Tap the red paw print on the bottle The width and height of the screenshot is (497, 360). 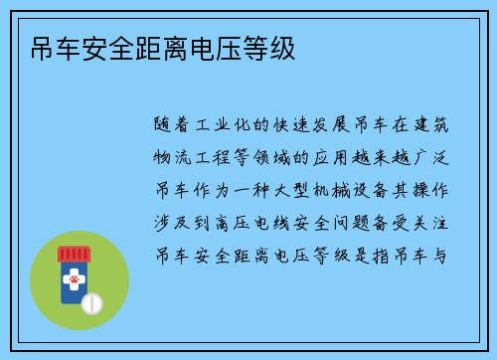[x=72, y=280]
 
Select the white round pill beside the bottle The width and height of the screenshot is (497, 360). [x=91, y=300]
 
